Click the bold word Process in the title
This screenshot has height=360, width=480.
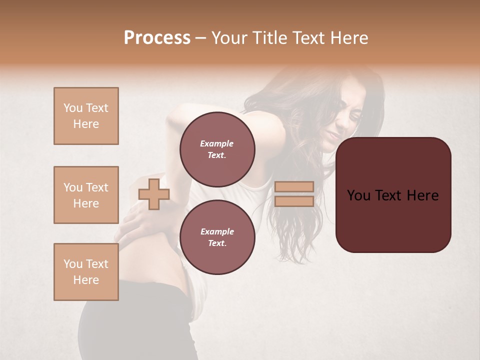click(157, 38)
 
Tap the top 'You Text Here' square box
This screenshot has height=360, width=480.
click(86, 116)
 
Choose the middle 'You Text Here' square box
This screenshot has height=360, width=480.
click(86, 195)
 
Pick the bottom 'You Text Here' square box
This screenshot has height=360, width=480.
click(86, 272)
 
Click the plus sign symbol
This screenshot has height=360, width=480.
click(154, 194)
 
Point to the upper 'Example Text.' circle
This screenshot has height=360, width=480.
click(217, 149)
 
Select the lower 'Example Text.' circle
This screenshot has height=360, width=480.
click(217, 237)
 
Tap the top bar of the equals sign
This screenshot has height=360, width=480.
click(294, 186)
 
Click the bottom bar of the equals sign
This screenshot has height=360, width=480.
click(294, 201)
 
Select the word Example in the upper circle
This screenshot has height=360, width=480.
click(216, 143)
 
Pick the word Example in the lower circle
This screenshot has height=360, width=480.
click(217, 231)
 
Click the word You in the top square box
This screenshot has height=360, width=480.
click(72, 108)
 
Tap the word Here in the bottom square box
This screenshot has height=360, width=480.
click(86, 280)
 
